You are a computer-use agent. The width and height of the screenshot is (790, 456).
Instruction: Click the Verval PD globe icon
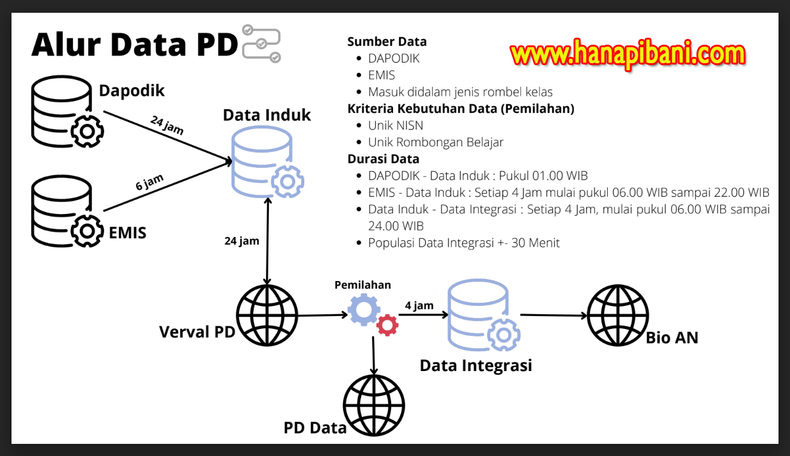point(267,315)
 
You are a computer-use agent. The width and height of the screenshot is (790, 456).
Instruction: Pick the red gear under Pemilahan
point(387,325)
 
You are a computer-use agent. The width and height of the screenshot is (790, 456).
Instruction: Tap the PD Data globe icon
point(374,404)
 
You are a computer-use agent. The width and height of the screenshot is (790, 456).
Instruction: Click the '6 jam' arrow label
point(149,183)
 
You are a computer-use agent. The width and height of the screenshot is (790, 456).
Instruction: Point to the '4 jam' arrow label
point(419,306)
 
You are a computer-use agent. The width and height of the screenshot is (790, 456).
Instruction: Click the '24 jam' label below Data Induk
point(242,241)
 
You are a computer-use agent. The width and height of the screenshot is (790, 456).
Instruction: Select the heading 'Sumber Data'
point(387,42)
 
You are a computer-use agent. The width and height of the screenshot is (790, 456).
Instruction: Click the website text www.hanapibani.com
point(628,54)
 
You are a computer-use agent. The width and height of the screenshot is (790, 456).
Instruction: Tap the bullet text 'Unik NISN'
point(395,125)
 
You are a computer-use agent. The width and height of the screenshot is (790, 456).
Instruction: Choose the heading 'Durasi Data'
point(383,159)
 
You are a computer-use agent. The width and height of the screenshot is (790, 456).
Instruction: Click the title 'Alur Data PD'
point(134,45)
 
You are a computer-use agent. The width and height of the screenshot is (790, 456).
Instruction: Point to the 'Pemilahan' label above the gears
point(362,285)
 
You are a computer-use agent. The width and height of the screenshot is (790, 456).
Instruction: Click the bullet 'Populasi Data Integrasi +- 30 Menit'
point(463,243)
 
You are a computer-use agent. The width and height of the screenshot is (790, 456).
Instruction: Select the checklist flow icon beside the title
point(261,43)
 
